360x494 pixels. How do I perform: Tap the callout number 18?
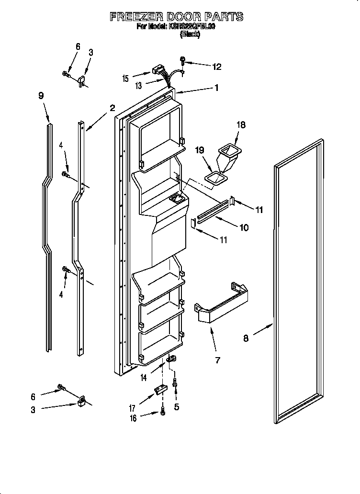point(241,125)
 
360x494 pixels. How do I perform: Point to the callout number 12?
point(217,67)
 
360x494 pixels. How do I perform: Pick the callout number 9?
point(41,96)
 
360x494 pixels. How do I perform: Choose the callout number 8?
point(246,338)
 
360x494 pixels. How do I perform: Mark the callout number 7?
point(218,360)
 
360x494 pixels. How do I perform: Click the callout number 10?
point(244,228)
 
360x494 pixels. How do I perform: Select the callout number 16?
point(134,418)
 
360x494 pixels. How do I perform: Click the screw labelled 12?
point(183,60)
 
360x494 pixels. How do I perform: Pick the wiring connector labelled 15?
point(157,71)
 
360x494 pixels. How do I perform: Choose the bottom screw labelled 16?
point(163,410)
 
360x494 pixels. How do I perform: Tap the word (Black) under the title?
point(190,34)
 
